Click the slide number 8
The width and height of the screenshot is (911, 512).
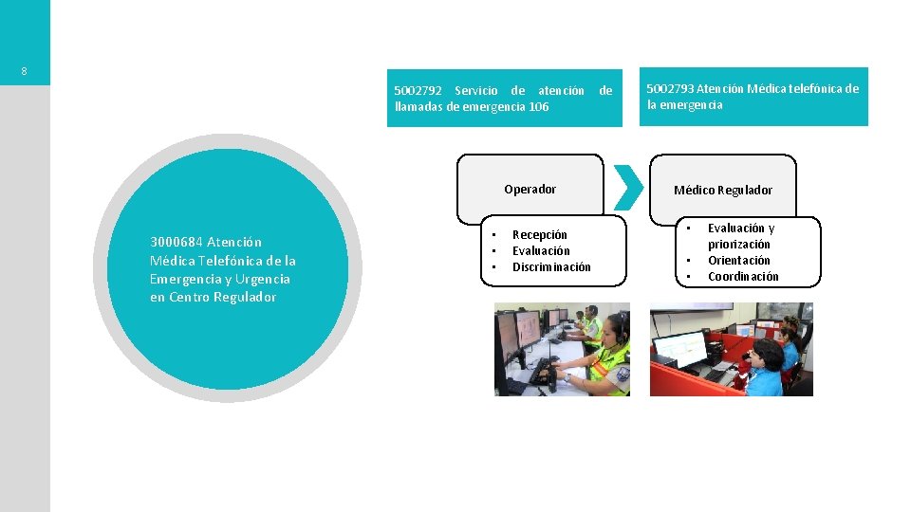click(x=25, y=72)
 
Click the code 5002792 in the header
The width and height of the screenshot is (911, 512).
click(x=418, y=91)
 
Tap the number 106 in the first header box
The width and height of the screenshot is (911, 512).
click(x=538, y=107)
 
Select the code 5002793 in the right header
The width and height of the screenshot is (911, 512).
click(x=670, y=89)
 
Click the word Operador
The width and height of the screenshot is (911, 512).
click(x=530, y=190)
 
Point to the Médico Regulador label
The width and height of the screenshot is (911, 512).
click(x=723, y=191)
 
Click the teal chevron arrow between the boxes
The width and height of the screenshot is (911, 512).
click(x=627, y=188)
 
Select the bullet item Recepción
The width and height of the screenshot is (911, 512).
click(x=540, y=235)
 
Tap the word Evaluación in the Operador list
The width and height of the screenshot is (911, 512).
click(x=541, y=251)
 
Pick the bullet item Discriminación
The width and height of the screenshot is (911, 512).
click(x=551, y=267)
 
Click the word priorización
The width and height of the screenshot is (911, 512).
click(x=739, y=245)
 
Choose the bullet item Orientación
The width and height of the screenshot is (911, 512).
click(x=739, y=261)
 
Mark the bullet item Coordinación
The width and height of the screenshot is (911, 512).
click(x=743, y=277)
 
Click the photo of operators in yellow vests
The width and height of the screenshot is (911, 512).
click(x=562, y=349)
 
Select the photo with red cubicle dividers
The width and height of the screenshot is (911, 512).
click(x=731, y=349)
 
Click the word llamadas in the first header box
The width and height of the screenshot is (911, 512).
click(x=418, y=107)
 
